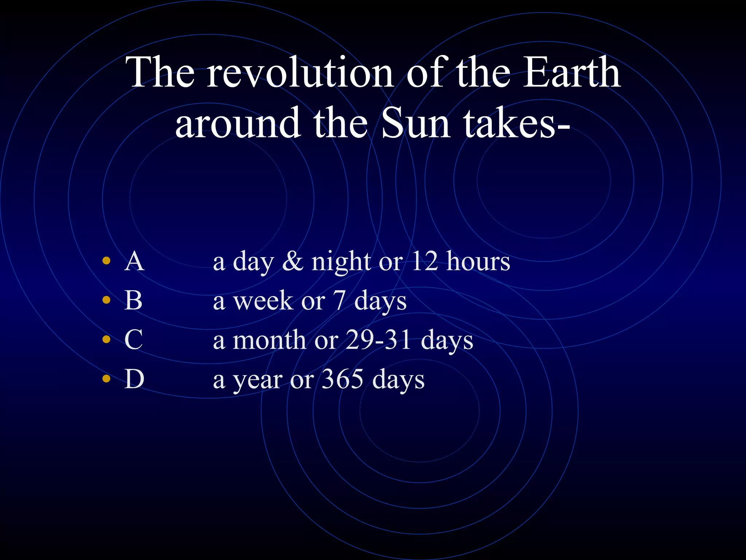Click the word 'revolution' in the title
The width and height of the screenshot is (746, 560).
(301, 73)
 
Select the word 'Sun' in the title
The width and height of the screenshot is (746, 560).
(416, 124)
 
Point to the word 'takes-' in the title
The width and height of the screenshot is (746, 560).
(517, 124)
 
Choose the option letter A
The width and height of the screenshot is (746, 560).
(134, 262)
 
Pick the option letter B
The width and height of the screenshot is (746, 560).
(133, 301)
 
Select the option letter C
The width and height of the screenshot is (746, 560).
(133, 340)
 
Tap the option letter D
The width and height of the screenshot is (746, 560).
(134, 379)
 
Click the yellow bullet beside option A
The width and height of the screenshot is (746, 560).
(106, 261)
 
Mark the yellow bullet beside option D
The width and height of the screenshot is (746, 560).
(106, 378)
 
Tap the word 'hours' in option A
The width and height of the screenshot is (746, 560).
(478, 262)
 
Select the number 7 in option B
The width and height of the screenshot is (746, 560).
(339, 301)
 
